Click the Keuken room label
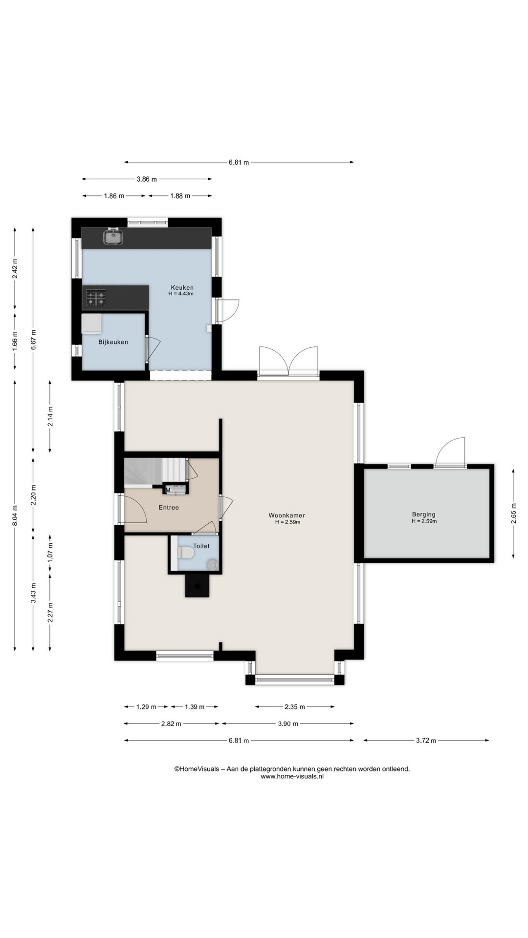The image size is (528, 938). [182, 287]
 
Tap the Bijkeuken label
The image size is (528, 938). [113, 342]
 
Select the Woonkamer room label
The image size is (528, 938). [286, 515]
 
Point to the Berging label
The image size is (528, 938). [423, 514]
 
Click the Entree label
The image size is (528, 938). [169, 508]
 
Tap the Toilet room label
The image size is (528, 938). [201, 546]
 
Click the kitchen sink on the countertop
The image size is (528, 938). [113, 237]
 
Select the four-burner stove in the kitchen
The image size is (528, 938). [96, 298]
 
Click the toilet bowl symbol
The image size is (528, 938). [186, 553]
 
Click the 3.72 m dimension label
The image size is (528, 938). [426, 740]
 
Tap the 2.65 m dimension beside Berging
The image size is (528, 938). [513, 513]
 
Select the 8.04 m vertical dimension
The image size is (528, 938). [15, 515]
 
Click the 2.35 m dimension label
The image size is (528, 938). [294, 706]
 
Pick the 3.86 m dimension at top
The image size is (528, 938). [147, 179]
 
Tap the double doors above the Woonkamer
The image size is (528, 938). [288, 362]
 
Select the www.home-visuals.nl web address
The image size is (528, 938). [292, 776]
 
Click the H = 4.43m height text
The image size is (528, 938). [181, 294]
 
